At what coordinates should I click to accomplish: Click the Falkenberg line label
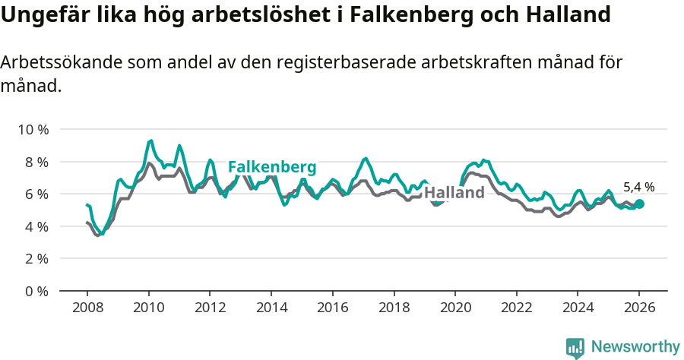[x=272, y=167]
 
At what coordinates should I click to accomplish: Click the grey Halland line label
[x=454, y=193]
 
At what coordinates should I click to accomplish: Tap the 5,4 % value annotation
[x=638, y=187]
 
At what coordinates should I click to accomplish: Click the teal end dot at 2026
[x=639, y=204]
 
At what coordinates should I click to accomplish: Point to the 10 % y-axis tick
[x=33, y=130]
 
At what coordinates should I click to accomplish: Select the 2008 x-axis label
[x=87, y=308]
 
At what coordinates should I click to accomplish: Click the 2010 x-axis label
[x=148, y=308]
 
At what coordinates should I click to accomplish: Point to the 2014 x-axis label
[x=271, y=308]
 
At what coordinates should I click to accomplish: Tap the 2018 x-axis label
[x=394, y=308]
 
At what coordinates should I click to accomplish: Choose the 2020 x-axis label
[x=455, y=308]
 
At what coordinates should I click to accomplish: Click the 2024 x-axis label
[x=578, y=308]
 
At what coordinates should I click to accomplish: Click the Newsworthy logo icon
[x=575, y=348]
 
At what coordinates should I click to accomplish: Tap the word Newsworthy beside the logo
[x=635, y=347]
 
